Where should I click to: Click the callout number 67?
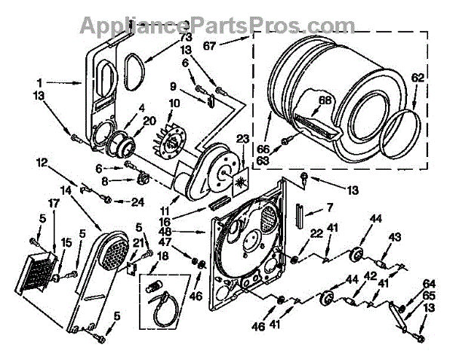(x=232, y=46)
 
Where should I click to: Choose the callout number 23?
(x=242, y=138)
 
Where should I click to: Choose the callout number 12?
(x=42, y=162)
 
